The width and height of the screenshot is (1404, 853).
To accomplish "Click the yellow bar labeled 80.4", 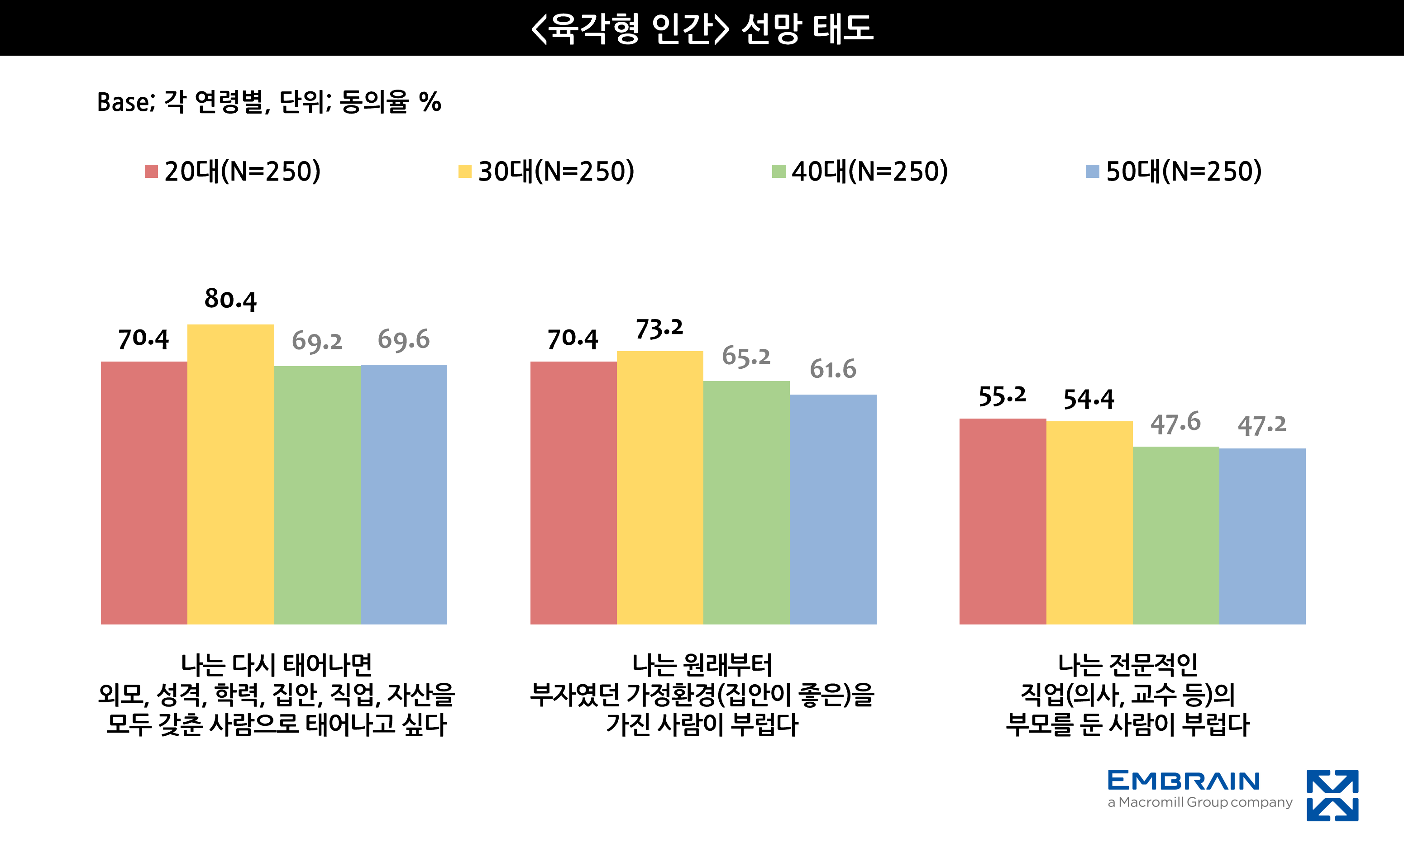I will (230, 474).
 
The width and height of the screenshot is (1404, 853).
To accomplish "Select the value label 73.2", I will (659, 329).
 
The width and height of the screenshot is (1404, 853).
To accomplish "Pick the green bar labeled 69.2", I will (317, 495).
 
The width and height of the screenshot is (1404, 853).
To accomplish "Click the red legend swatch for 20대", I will (151, 171).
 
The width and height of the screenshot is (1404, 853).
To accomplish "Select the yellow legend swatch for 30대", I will (464, 171).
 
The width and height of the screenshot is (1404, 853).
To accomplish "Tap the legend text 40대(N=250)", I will (869, 171).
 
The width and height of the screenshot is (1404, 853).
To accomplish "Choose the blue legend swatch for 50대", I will (1092, 171).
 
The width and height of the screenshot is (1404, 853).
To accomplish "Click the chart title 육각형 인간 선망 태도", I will (702, 28).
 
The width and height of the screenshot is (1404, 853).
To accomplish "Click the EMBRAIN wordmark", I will (1183, 780).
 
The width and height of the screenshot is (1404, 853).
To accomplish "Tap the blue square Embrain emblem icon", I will (1332, 795).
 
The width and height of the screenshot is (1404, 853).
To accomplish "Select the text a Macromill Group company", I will (1199, 802).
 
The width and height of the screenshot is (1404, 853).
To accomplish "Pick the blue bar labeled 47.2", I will (1262, 536).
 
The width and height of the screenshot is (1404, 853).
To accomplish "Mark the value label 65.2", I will (746, 357).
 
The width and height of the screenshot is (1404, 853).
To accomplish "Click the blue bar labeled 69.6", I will (403, 494).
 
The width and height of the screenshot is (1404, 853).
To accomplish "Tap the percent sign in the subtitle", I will (430, 103).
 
